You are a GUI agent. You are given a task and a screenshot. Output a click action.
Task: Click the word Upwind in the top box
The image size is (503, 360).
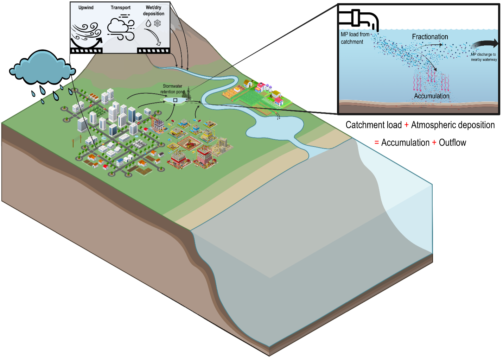[86, 7]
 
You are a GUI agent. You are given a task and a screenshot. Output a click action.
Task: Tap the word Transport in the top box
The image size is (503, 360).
[120, 7]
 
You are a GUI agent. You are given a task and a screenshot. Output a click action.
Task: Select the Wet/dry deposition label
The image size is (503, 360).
[153, 11]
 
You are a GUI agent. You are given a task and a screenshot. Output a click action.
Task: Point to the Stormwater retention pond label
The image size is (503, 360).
[172, 89]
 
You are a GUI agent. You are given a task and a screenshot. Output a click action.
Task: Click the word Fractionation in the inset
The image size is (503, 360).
[430, 37]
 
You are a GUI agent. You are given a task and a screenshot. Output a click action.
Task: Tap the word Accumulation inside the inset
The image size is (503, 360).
[432, 96]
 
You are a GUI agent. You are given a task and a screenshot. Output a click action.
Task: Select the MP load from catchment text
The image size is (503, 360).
[355, 38]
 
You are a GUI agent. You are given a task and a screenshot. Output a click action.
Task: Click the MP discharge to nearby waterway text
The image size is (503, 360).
[484, 57]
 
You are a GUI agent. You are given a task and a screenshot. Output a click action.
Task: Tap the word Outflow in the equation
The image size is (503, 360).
[452, 143]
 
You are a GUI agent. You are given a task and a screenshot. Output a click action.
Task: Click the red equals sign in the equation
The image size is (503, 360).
[376, 143]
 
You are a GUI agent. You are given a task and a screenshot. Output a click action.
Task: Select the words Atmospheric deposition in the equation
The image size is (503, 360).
[453, 125]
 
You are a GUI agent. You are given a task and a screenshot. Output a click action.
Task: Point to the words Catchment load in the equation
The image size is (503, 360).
[374, 125]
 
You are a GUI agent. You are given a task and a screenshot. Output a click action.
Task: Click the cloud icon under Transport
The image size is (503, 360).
[120, 29]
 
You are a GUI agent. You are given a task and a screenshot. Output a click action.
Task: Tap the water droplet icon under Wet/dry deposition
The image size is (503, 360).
[148, 23]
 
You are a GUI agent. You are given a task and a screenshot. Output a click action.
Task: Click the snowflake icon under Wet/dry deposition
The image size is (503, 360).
[158, 23]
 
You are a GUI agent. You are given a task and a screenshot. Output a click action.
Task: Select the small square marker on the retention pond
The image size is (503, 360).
[175, 100]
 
